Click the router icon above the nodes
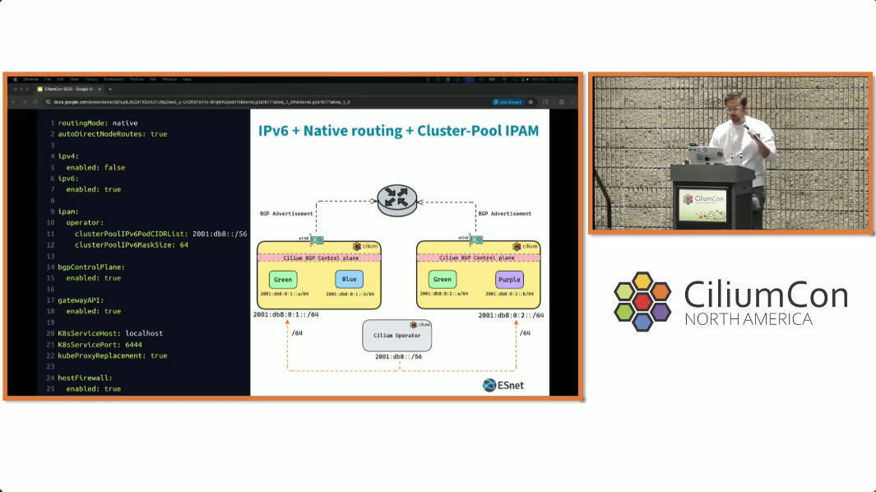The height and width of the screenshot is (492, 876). [397, 199]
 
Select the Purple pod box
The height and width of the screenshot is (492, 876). [509, 280]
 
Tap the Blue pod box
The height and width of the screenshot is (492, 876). [350, 280]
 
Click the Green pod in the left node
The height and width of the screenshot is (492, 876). [283, 280]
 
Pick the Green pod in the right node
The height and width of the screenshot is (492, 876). [443, 280]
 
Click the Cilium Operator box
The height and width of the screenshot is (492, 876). [397, 335]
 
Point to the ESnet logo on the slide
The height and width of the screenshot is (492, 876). [503, 385]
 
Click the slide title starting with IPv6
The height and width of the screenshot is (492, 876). [398, 131]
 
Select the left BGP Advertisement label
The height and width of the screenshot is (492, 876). [286, 214]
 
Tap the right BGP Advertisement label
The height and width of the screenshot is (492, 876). [504, 214]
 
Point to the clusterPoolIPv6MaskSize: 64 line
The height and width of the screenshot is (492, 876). [131, 244]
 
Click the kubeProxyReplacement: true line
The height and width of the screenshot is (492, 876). [112, 355]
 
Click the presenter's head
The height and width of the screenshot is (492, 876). [737, 105]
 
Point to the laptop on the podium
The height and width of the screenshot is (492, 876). [705, 154]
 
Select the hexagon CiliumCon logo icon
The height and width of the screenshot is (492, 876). [642, 300]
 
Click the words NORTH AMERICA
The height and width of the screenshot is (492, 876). [749, 319]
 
